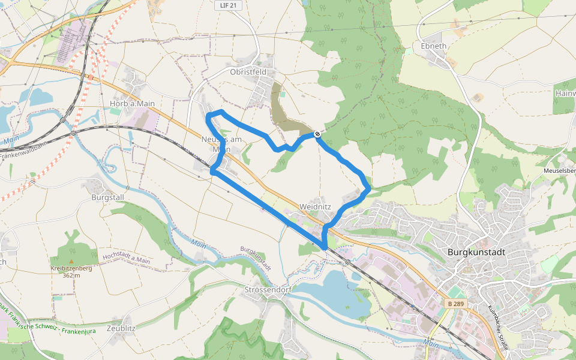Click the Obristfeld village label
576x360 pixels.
[x=248, y=71]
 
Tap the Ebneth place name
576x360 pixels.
[x=433, y=46]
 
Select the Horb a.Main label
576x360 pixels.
[x=132, y=104]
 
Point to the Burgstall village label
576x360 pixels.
[x=107, y=196]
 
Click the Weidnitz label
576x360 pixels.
[x=315, y=206]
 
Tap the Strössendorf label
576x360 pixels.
[x=268, y=290]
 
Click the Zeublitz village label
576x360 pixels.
[x=121, y=328]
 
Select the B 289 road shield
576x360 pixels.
[x=456, y=304]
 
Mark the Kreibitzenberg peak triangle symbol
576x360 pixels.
[x=71, y=262]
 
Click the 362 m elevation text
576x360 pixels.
[x=71, y=275]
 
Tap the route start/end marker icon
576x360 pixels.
[x=317, y=134]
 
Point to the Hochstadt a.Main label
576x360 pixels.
[x=126, y=259]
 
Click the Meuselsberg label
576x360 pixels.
[x=559, y=170]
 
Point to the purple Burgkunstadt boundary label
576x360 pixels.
[x=257, y=259]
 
